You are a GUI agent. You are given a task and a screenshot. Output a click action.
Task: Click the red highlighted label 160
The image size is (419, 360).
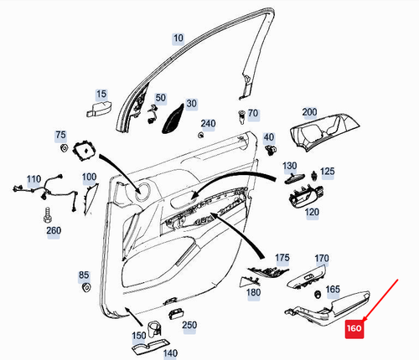point(354,329)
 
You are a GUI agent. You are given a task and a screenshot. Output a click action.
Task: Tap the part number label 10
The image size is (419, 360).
point(178,39)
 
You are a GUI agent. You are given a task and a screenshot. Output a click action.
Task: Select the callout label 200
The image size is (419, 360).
point(309,112)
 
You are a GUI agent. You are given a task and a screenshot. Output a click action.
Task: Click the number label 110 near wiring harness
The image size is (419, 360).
point(34,180)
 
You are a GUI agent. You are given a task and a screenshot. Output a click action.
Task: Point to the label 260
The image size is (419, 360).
point(53,230)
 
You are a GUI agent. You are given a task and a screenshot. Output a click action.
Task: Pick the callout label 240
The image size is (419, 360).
point(208,124)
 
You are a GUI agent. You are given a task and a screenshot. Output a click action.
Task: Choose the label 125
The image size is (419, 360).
point(327,172)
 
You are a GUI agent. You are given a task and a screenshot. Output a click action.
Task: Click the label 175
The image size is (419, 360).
point(282,257)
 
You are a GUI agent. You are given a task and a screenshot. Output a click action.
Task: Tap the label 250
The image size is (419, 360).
point(189,324)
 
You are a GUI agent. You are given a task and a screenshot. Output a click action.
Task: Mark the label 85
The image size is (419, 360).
point(83,275)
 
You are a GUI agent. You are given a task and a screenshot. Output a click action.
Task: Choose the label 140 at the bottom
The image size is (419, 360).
point(170,353)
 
